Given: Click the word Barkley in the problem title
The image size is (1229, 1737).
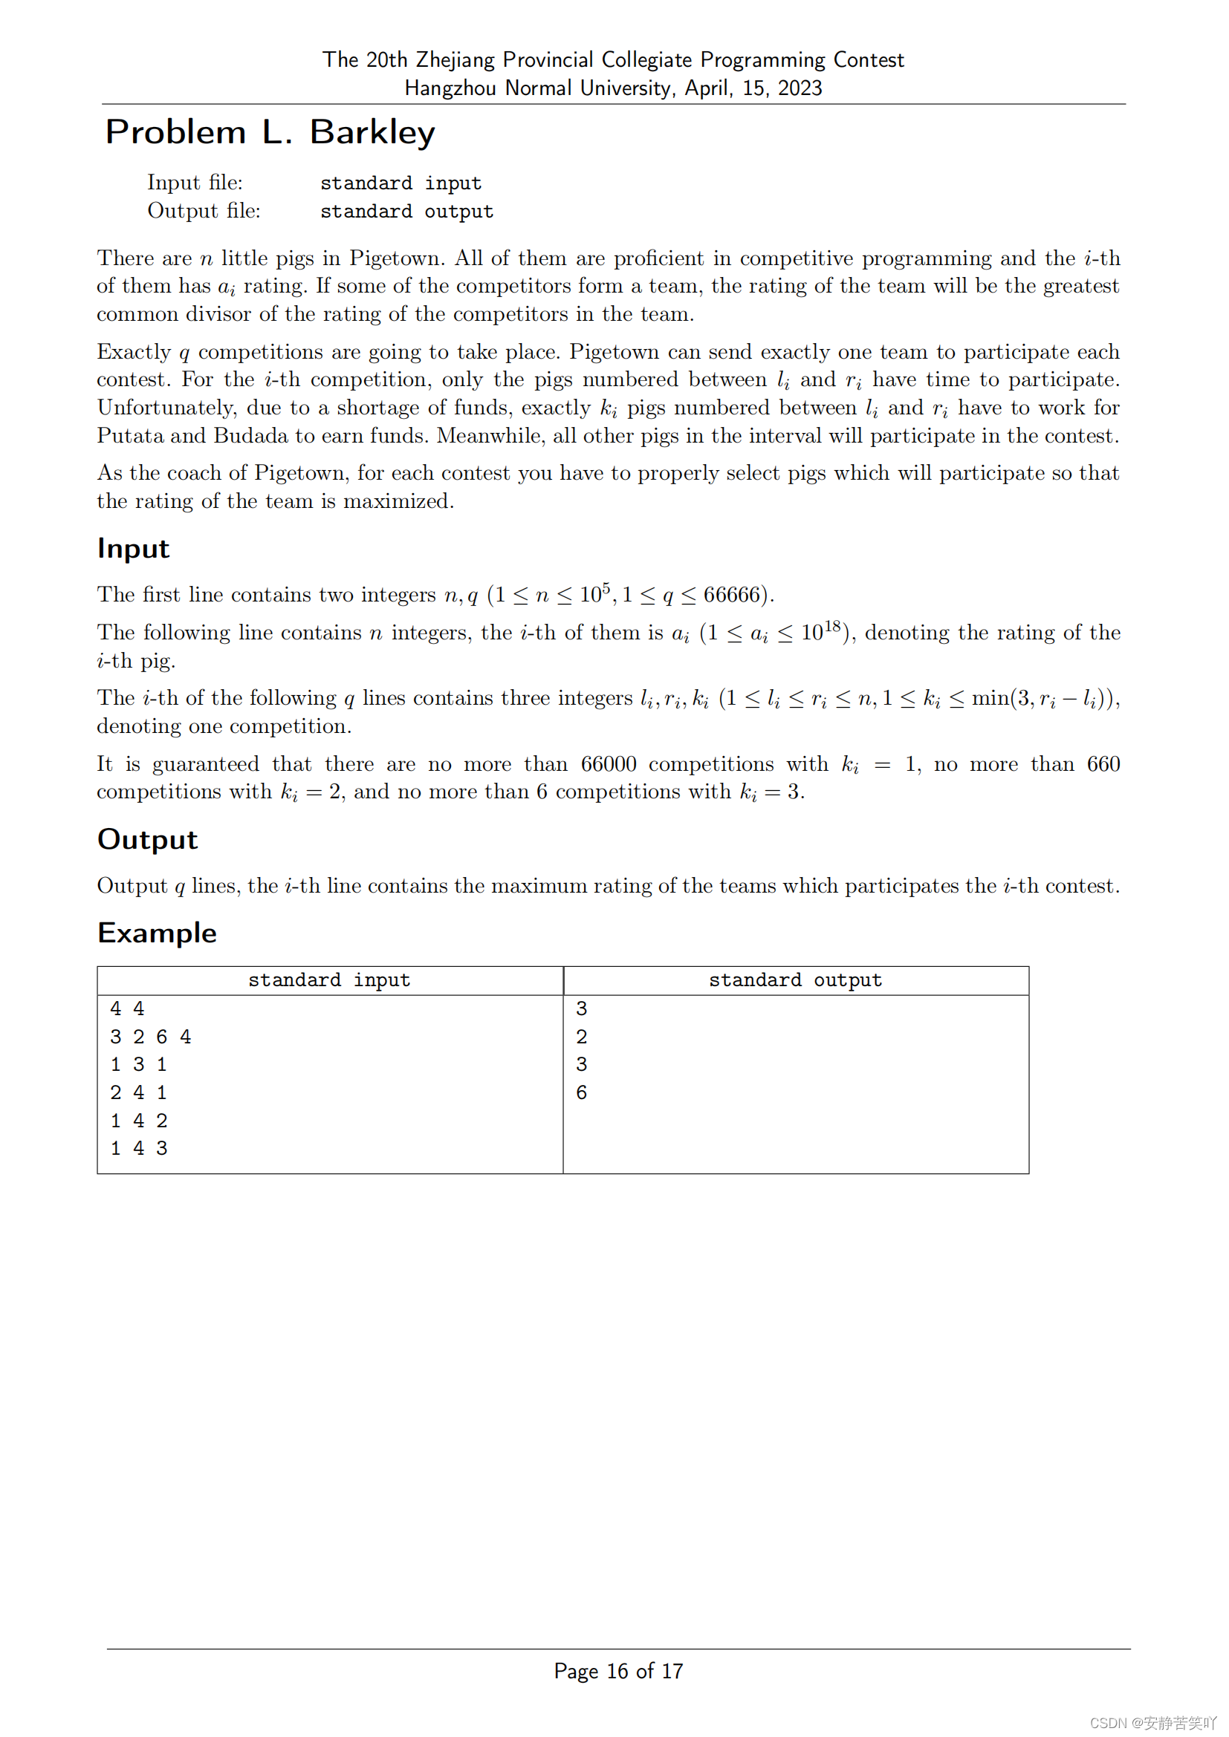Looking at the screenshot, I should (x=372, y=132).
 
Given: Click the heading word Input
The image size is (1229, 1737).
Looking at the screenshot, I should (x=133, y=549).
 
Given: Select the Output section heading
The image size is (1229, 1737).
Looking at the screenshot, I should (x=148, y=840).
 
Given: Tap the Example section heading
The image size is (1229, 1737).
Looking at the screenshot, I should (x=157, y=933).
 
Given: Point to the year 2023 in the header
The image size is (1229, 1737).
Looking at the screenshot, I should (x=800, y=88).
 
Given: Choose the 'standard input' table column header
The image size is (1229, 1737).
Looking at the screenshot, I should (x=329, y=980).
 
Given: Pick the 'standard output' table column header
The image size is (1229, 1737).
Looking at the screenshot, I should (x=795, y=980).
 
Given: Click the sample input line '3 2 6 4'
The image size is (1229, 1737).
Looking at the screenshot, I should (x=151, y=1037).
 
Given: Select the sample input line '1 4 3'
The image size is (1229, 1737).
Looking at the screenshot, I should (x=138, y=1148).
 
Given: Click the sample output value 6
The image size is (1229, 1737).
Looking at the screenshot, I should (x=581, y=1092).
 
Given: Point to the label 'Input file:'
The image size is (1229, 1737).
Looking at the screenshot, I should (x=195, y=183).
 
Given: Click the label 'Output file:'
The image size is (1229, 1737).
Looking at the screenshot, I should (x=204, y=211).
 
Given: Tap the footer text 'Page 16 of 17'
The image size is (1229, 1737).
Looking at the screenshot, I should (x=618, y=1671).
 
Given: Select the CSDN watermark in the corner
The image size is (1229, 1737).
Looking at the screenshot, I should (x=1152, y=1723).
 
